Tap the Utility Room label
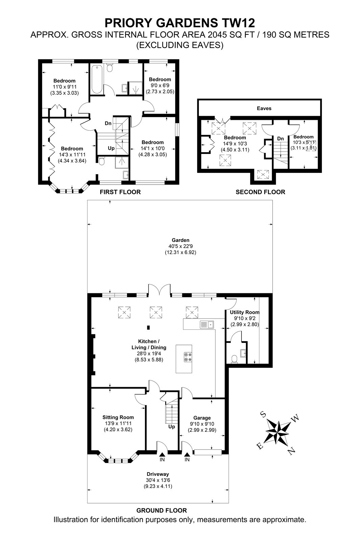click(x=245, y=312)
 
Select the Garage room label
click(x=202, y=418)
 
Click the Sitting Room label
click(x=118, y=417)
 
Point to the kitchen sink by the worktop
click(x=207, y=325)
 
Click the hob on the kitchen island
click(x=188, y=357)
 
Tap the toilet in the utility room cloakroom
click(x=234, y=359)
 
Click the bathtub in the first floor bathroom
click(x=97, y=80)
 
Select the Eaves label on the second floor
click(x=264, y=108)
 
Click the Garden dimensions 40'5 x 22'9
click(x=180, y=246)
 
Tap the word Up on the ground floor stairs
click(x=172, y=427)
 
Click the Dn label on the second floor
click(x=280, y=139)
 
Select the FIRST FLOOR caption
click(x=120, y=192)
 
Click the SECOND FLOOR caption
click(x=260, y=192)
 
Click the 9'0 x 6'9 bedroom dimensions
click(x=160, y=85)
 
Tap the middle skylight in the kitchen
click(x=156, y=312)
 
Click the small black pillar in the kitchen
click(x=148, y=327)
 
